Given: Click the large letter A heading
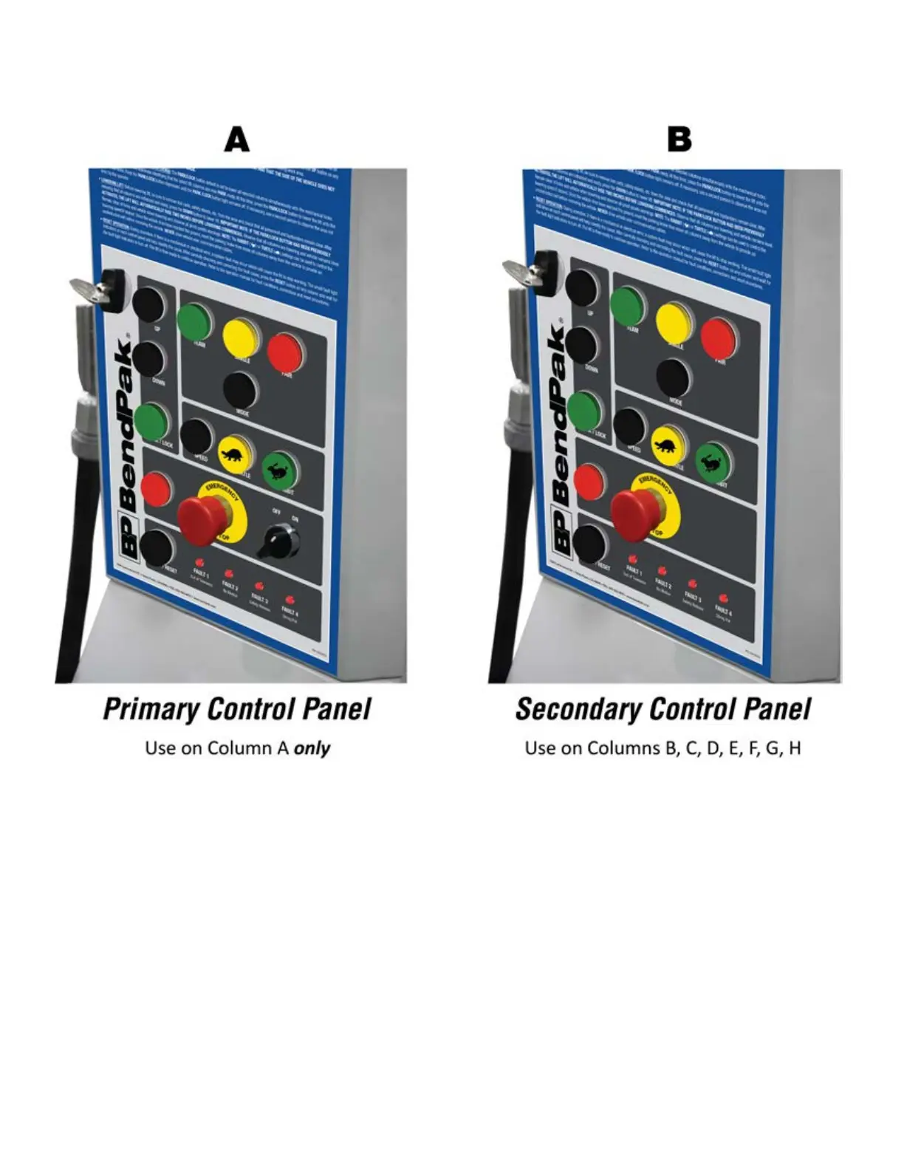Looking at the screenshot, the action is click(236, 140).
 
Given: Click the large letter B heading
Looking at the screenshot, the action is click(679, 140).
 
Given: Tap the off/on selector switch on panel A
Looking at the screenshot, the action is click(278, 541).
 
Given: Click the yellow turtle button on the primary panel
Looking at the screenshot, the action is click(235, 453).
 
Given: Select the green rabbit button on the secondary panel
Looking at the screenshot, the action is click(712, 460).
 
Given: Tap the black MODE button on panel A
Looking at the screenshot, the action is click(239, 389).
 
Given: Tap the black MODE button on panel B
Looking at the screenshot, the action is click(673, 377).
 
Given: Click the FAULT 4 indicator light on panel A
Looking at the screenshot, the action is click(290, 600).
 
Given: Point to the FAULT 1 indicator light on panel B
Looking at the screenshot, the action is click(632, 560).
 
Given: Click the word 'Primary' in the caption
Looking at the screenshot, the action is click(151, 709).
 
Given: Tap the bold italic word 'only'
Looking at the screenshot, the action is click(312, 748).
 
